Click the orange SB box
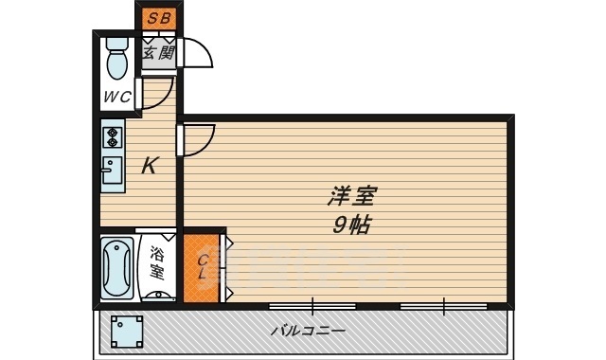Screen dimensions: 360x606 [x=158, y=19]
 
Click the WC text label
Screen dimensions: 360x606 [x=117, y=96]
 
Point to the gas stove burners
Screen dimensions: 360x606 [x=112, y=136]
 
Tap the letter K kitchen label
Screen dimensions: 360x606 [x=149, y=166]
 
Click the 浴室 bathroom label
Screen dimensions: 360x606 [x=157, y=264]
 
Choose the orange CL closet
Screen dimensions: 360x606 [x=202, y=267]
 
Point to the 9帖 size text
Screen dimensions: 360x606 [x=351, y=225]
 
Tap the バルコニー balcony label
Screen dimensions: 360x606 [x=308, y=332]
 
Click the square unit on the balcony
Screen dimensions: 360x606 [x=127, y=332]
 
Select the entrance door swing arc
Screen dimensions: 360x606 [x=197, y=55]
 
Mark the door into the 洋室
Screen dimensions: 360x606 [x=199, y=141]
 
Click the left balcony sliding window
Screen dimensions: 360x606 [x=312, y=306]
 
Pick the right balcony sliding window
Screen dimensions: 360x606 [x=442, y=306]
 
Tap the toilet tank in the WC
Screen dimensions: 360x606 [x=118, y=43]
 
